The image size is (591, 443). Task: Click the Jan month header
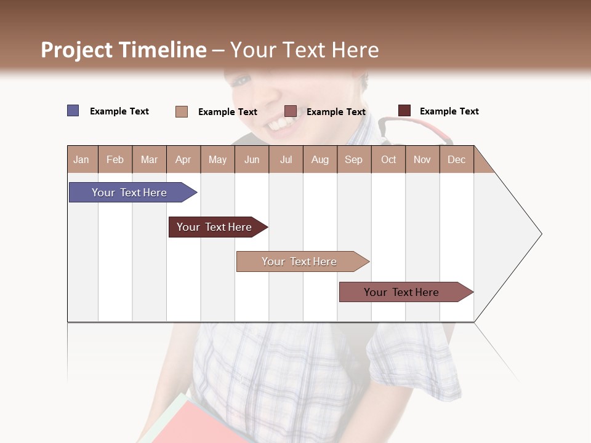coord(81,159)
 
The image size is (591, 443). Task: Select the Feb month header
coord(115,159)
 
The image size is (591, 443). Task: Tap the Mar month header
coord(149,159)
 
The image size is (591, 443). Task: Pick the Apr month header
coord(183,159)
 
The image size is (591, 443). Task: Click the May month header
coord(217,159)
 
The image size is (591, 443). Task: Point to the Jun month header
coord(252,159)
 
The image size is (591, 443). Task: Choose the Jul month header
coord(286,159)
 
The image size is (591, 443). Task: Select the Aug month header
coord(320,159)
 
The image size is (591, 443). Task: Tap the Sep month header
coord(354,159)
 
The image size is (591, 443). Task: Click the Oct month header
coord(388,159)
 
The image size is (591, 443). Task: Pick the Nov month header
coord(422,159)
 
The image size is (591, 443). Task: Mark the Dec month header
coord(456,159)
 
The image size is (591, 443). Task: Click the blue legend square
coord(73,111)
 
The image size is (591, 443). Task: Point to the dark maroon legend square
coord(404,111)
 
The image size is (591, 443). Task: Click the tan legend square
coord(182,111)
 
